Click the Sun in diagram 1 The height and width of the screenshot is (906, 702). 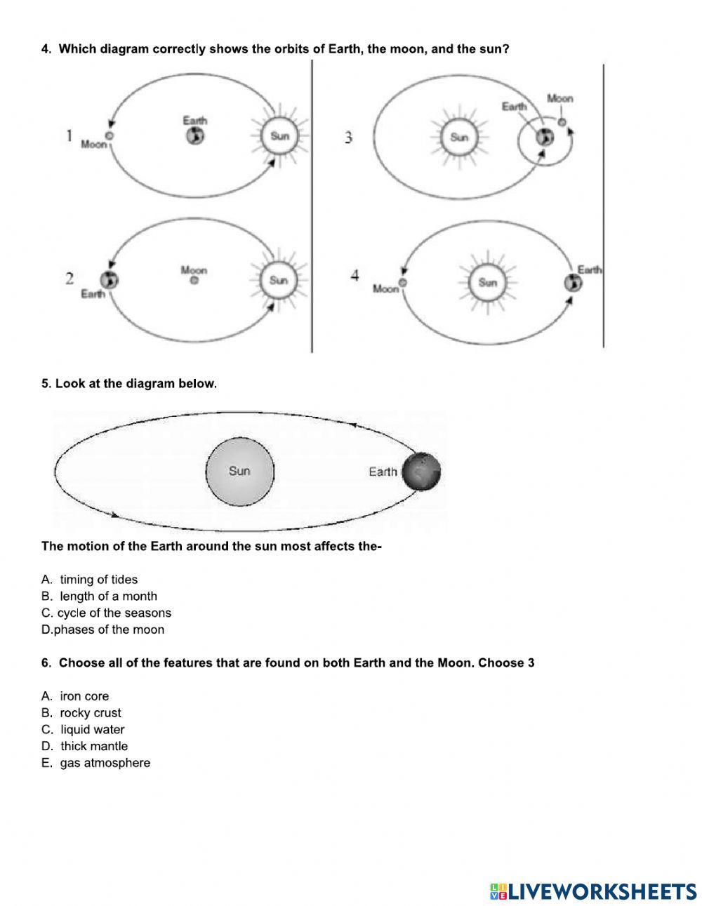[x=279, y=136]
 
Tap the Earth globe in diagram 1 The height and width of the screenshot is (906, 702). [x=195, y=136]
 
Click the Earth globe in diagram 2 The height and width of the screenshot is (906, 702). [x=109, y=280]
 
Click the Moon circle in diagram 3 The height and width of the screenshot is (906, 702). [x=561, y=122]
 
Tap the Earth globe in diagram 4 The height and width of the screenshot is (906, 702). [x=572, y=283]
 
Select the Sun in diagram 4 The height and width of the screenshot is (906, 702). [x=487, y=283]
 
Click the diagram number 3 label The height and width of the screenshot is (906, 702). [x=348, y=138]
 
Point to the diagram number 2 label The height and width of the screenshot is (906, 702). [x=69, y=279]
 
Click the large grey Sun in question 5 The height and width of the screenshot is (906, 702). [x=239, y=471]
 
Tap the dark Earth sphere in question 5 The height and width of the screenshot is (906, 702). [x=420, y=472]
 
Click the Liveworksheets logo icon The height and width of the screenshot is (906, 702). [x=498, y=891]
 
